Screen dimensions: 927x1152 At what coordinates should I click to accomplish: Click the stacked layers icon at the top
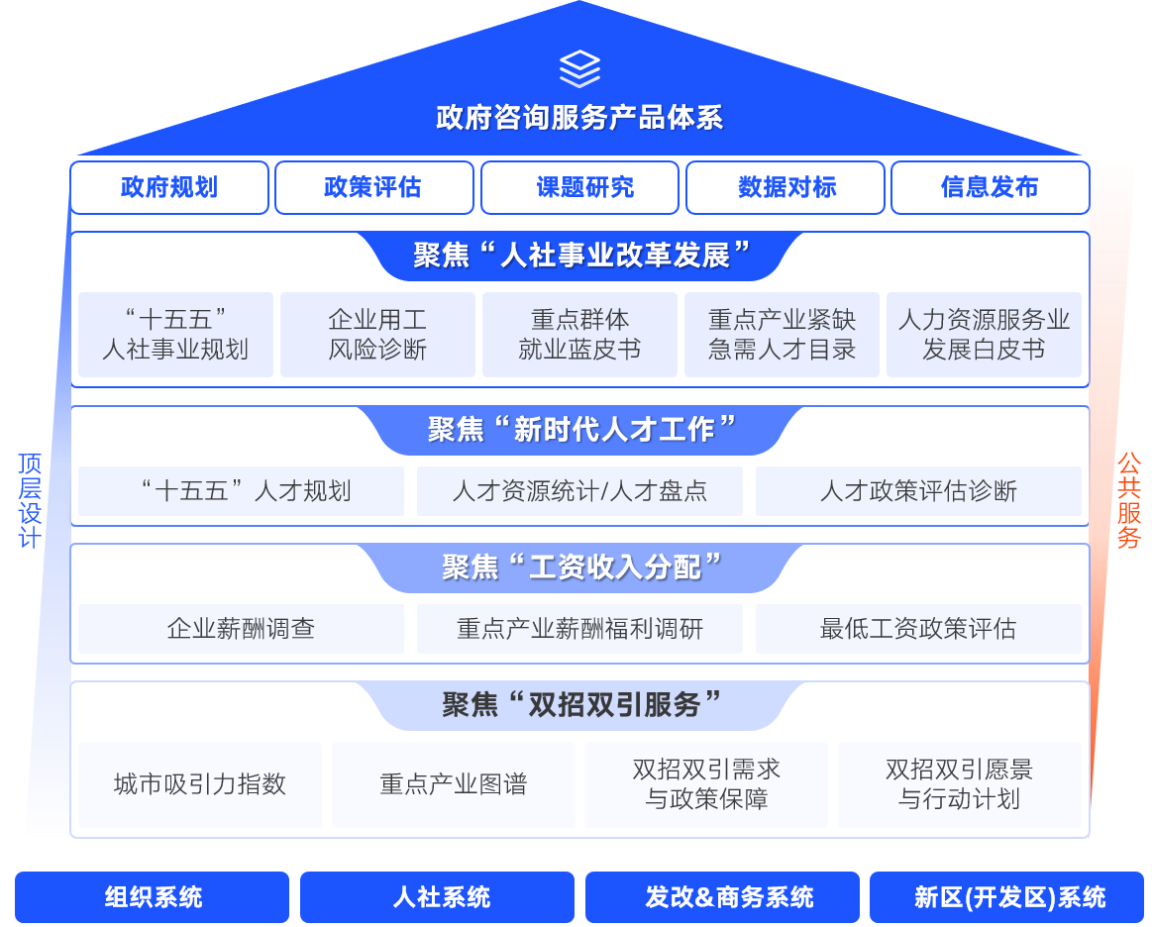click(579, 69)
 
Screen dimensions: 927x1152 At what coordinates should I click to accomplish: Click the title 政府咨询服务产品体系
click(579, 118)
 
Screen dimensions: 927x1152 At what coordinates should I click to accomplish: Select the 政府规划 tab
click(169, 187)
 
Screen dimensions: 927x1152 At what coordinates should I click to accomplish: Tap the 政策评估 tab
click(373, 187)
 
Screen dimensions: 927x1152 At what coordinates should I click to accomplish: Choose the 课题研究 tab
click(579, 187)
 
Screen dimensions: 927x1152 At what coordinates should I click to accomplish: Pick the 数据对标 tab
click(785, 187)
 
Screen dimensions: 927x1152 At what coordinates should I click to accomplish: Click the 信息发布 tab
click(990, 187)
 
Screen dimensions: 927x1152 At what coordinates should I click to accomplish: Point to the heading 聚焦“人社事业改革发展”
click(579, 256)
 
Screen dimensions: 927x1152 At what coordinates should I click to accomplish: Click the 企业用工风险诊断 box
click(377, 335)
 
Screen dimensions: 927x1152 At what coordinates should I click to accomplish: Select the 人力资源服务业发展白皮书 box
click(984, 335)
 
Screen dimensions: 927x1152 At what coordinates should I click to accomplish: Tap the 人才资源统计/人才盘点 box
click(579, 491)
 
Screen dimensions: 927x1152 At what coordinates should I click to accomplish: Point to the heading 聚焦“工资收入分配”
click(579, 567)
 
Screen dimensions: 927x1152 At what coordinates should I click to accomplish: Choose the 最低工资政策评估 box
click(918, 629)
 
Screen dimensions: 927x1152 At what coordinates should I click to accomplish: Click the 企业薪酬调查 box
click(241, 629)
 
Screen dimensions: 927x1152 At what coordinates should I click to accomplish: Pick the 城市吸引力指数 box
click(200, 784)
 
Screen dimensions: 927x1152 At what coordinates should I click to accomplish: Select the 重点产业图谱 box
click(453, 784)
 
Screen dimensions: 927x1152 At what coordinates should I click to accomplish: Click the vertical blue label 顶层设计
click(29, 501)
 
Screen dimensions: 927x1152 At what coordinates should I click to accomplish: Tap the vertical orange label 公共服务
click(1128, 501)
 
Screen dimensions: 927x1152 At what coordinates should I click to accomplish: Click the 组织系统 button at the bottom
click(153, 897)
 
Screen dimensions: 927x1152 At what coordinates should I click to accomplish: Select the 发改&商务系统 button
click(722, 897)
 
